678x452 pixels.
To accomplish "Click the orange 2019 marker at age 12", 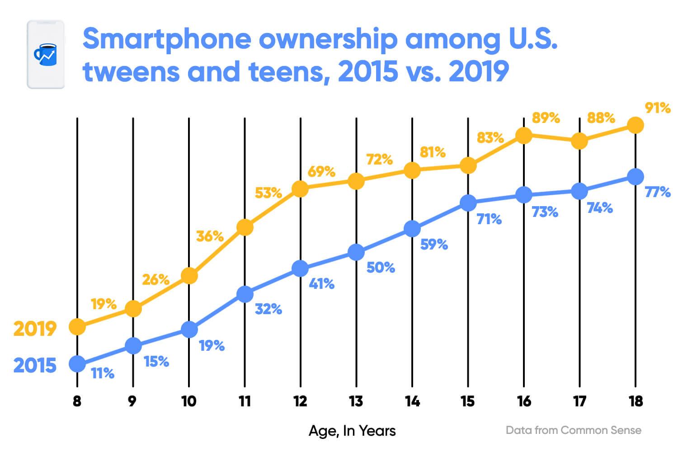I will pos(300,188).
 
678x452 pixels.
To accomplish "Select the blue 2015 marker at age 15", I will pos(468,202).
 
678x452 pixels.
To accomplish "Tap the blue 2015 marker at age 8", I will pos(77,363).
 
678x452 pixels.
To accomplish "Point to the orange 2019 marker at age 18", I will pos(636,125).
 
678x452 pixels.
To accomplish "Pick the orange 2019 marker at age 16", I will pos(524,135).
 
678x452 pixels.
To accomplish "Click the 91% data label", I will pos(658,108).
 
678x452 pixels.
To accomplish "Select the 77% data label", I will pos(658,192).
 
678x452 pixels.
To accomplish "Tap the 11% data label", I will pos(103,373).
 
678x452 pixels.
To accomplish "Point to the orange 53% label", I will pos(268,193).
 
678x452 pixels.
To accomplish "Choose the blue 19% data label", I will pos(212,346).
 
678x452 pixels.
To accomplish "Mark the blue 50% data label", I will pos(381,267).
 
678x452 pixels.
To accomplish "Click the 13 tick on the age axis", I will pos(356,401).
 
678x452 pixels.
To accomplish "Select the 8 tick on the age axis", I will pos(77,401).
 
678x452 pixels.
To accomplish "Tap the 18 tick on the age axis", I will pos(636,401).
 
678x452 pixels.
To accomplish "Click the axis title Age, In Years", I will pos(352,431).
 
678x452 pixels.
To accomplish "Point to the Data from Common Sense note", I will pos(573,430).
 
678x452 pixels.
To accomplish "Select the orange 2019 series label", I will pos(35,329).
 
